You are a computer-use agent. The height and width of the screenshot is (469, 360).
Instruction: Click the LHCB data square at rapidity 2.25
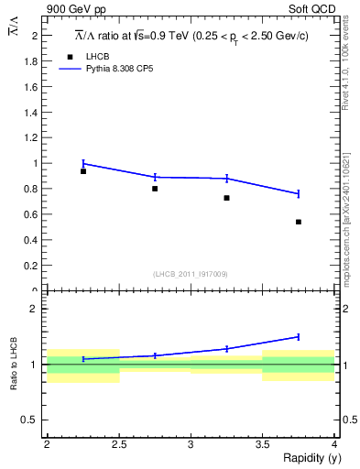(83, 171)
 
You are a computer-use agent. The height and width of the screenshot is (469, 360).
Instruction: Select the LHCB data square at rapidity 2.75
(155, 189)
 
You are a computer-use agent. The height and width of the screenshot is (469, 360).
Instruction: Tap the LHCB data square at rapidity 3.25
(226, 198)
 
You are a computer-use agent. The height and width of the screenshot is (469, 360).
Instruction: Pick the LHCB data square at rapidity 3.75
(299, 222)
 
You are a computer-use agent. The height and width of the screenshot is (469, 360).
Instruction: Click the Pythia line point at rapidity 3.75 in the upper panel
(299, 193)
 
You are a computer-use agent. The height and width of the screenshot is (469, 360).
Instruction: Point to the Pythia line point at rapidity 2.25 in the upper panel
(83, 163)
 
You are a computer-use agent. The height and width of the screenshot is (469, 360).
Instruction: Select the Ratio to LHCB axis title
(14, 363)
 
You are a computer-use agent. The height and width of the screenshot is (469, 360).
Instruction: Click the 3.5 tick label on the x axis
(262, 444)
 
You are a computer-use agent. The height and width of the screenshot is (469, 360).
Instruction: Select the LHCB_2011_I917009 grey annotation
(191, 274)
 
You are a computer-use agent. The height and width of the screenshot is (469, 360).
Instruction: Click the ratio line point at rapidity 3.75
(299, 336)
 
